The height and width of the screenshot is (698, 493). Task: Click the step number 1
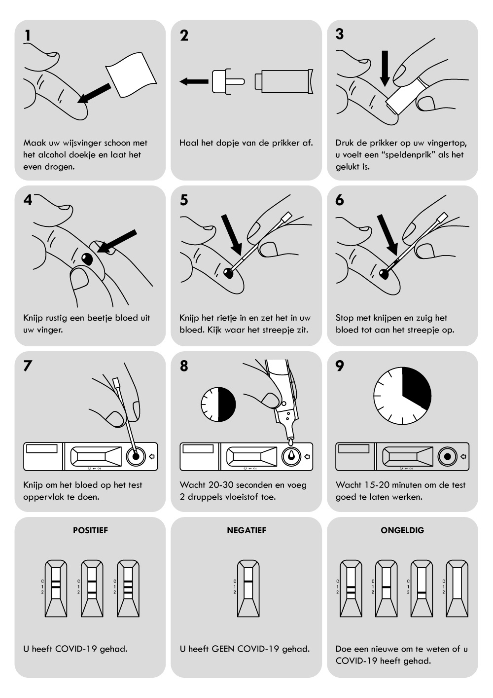pos(28,36)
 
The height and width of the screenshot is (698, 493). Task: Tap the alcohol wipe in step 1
pos(132,76)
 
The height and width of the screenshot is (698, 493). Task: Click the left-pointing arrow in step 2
pos(193,81)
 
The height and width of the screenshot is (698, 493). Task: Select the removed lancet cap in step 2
pos(226,81)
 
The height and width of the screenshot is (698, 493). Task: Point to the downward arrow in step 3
pos(385,68)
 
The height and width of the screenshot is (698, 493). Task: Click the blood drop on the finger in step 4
pos(88,258)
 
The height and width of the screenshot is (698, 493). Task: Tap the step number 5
pos(184,200)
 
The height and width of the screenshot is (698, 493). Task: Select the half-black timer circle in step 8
pos(218,404)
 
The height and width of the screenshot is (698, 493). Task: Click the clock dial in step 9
pos(402,396)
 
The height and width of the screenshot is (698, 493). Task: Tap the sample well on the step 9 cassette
pos(447,456)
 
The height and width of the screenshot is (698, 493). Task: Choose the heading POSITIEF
pos(90,530)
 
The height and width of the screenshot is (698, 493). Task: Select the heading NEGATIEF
pos(246,530)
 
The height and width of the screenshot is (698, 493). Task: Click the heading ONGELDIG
pos(402,530)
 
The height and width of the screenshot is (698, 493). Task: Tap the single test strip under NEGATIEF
pos(248,588)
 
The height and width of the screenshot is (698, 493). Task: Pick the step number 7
pos(28,366)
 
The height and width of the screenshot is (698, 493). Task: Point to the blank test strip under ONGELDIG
pos(457,588)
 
